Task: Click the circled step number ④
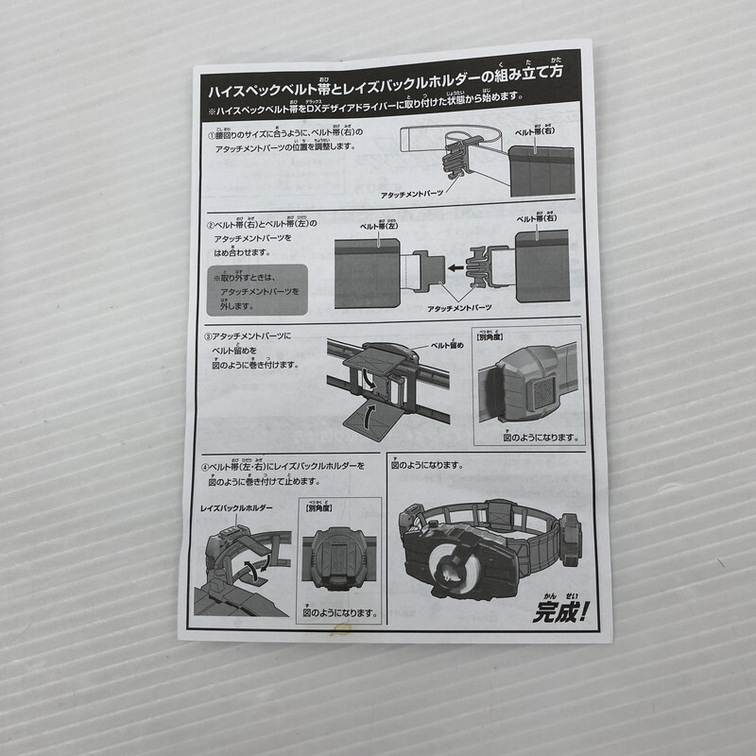[x=204, y=468]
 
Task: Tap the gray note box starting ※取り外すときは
[x=256, y=291]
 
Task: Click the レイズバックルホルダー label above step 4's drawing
[x=236, y=508]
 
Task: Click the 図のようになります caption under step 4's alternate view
[x=340, y=612]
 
